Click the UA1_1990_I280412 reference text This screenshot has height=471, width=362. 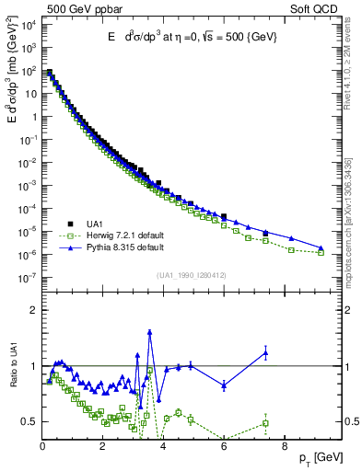(x=192, y=275)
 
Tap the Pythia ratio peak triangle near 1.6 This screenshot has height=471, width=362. (x=150, y=332)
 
